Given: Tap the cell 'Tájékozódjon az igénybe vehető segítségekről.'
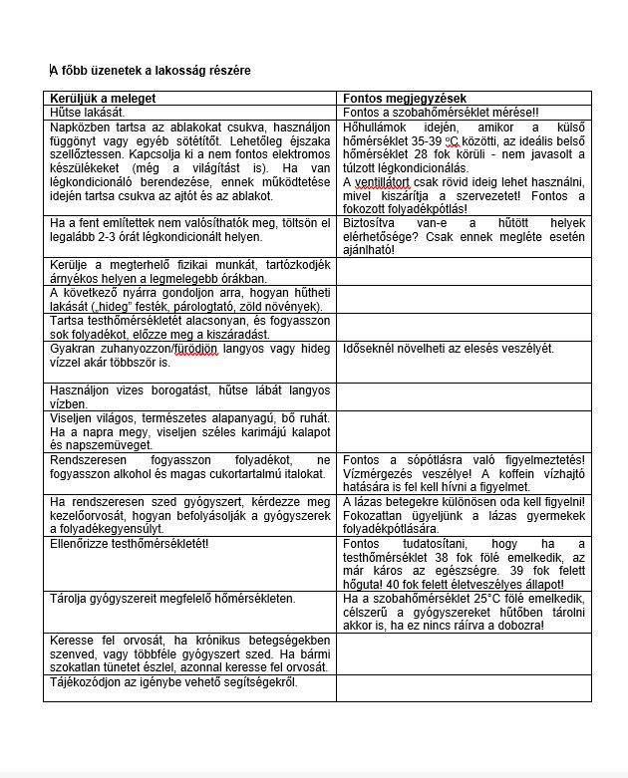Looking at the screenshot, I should tap(172, 682).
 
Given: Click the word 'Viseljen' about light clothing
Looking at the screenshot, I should tap(73, 417).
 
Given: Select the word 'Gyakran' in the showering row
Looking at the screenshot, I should tap(74, 349).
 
